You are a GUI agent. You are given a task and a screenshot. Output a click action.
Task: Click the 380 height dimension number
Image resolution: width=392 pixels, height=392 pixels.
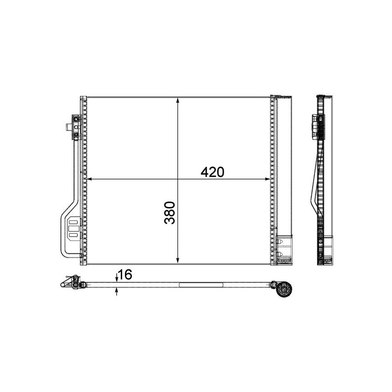point(170,212)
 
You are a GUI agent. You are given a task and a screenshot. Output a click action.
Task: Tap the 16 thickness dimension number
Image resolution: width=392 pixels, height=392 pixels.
point(125,275)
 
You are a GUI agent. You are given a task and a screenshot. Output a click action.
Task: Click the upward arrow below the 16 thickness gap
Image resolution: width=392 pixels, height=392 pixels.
point(117,291)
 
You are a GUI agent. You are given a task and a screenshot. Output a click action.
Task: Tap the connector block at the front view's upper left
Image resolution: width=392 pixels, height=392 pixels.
point(76,127)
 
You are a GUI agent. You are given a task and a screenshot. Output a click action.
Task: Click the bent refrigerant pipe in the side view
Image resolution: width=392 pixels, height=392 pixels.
point(317,184)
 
